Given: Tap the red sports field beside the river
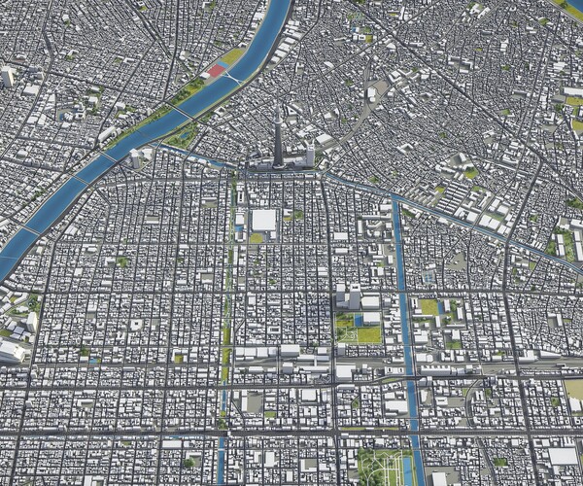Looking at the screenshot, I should (x=214, y=71).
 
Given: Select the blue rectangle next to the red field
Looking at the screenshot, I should (x=224, y=64).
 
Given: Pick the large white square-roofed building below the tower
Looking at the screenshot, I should (x=263, y=220).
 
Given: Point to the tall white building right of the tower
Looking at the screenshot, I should (x=310, y=155).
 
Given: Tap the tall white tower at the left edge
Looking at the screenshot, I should (x=9, y=77).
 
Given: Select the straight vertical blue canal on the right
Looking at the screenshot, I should (x=404, y=292).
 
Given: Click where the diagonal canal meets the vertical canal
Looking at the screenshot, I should (x=395, y=199).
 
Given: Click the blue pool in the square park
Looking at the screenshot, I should (x=358, y=319).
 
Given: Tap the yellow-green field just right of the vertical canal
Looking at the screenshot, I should (x=428, y=307).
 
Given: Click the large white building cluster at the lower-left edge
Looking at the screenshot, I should (x=12, y=350).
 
